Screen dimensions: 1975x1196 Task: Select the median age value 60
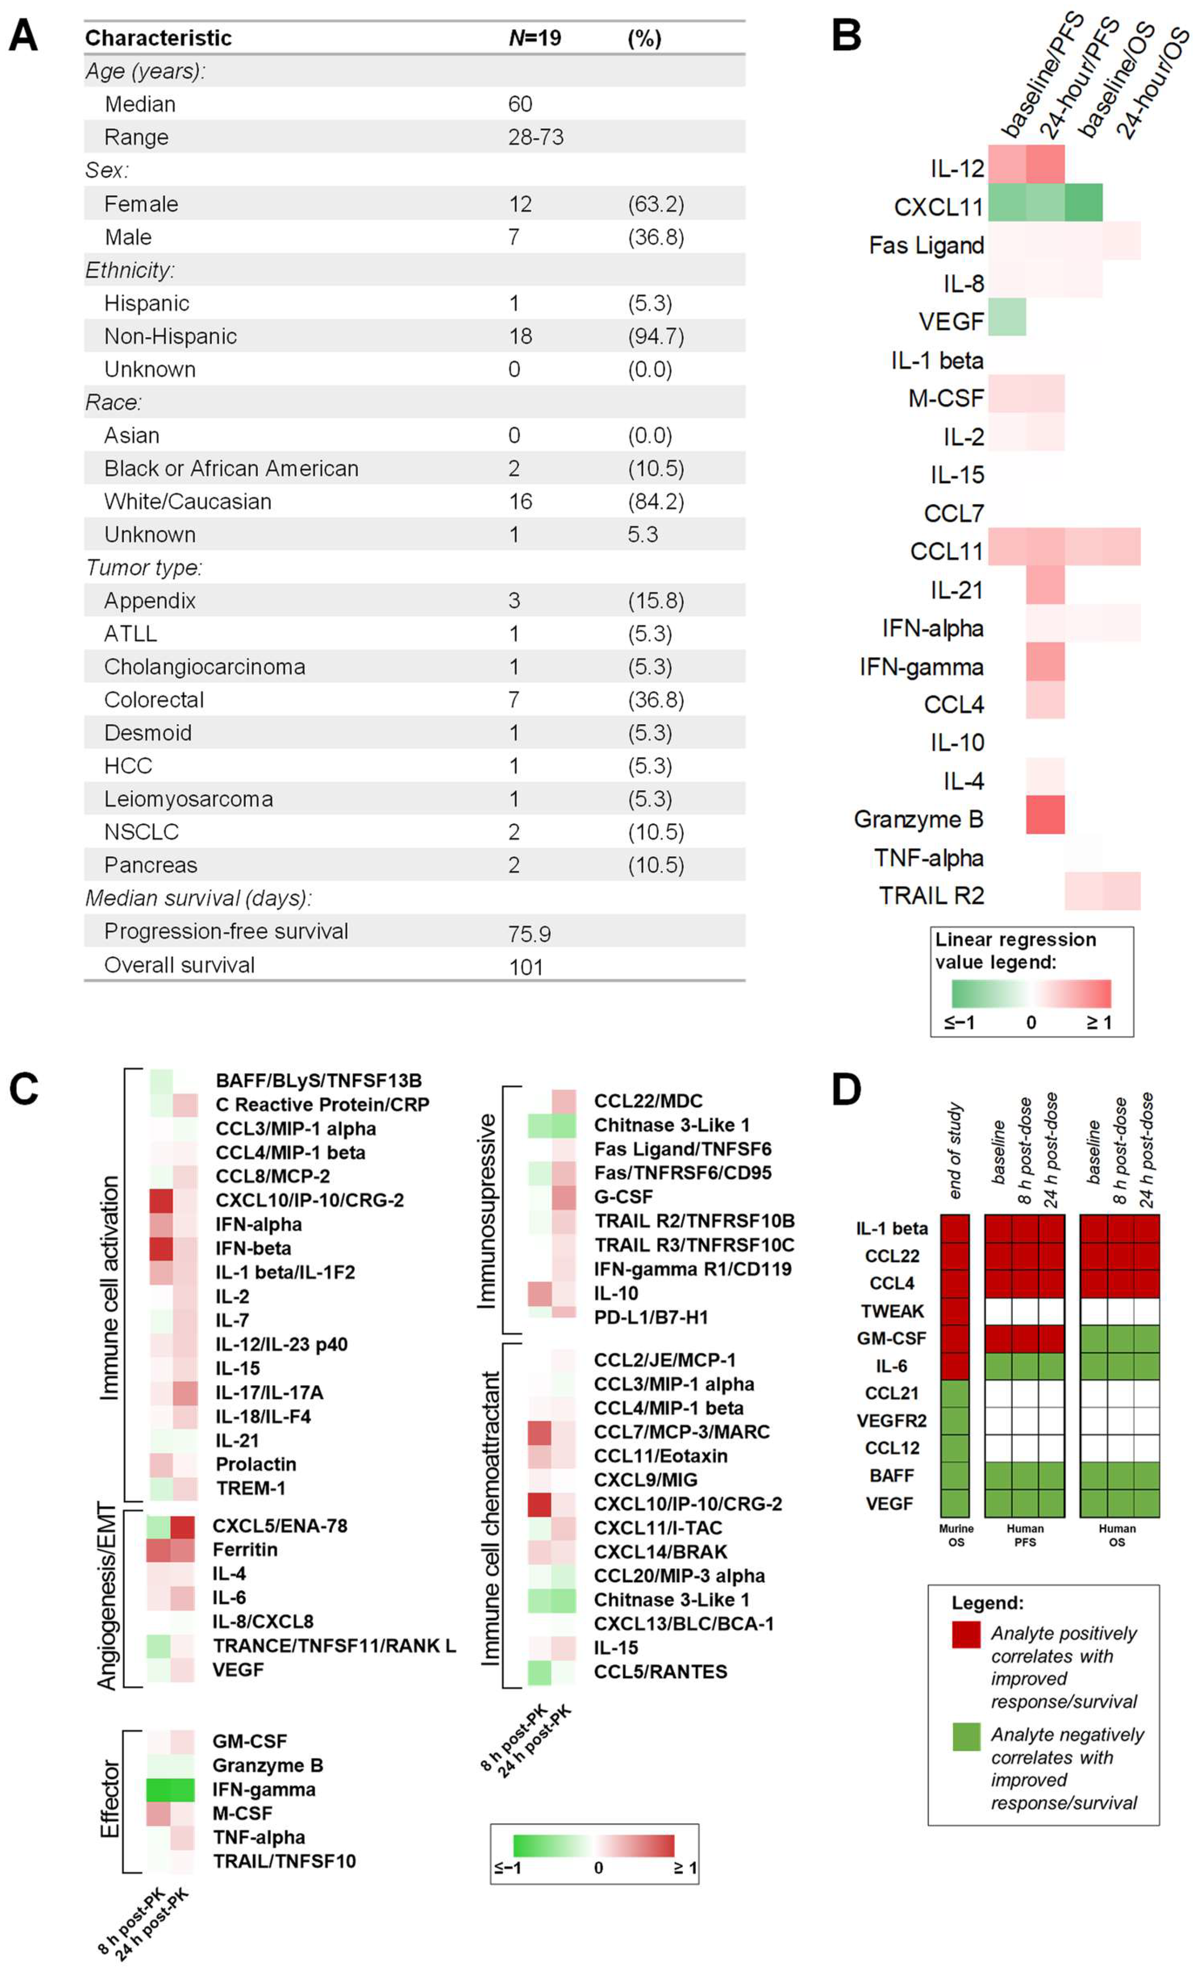click(519, 104)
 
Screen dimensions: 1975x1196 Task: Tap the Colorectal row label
click(154, 700)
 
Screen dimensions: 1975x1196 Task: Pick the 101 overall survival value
click(526, 966)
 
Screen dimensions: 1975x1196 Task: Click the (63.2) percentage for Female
click(656, 204)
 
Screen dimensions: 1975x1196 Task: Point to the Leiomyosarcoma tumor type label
click(188, 799)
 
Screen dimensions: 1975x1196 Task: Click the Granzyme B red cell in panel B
click(1045, 815)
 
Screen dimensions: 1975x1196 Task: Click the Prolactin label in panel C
click(256, 1465)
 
